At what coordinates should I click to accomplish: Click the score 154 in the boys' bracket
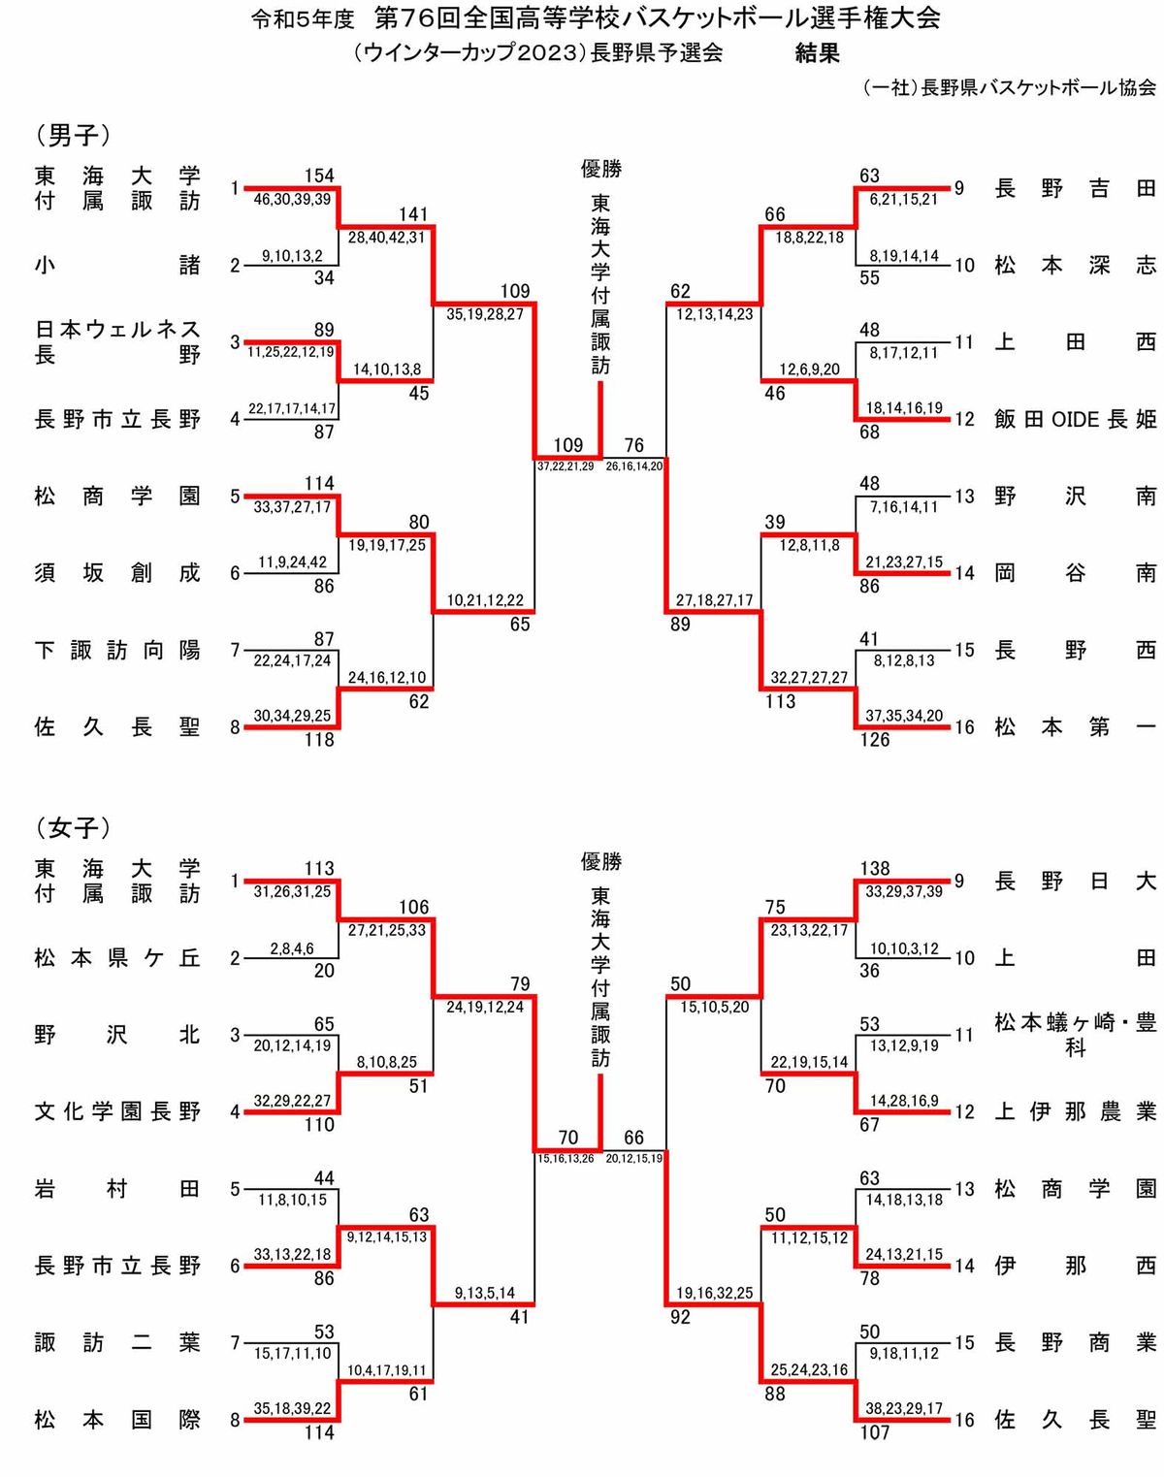(319, 176)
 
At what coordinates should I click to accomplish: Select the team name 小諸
(117, 265)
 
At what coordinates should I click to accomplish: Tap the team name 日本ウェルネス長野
(117, 341)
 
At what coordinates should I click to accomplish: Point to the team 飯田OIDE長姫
(1076, 419)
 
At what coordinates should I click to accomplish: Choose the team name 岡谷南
(1076, 572)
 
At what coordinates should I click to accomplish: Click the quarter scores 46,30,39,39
(292, 199)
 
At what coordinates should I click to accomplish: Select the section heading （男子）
(73, 135)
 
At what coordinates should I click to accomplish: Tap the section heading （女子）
(73, 828)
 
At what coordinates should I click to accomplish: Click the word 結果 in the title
(817, 52)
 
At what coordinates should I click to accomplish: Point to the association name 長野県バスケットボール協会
(1038, 88)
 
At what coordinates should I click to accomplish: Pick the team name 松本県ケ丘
(117, 957)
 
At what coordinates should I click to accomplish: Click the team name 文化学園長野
(117, 1111)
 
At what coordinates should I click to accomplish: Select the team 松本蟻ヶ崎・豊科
(1076, 1035)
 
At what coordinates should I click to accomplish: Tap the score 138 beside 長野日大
(875, 868)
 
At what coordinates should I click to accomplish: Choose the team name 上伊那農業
(1076, 1111)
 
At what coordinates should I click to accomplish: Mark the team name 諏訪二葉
(117, 1342)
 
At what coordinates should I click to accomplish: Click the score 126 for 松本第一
(875, 739)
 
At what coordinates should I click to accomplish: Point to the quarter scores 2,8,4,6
(292, 948)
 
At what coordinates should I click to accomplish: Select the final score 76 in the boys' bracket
(633, 445)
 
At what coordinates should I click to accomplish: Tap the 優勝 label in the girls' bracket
(600, 861)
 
